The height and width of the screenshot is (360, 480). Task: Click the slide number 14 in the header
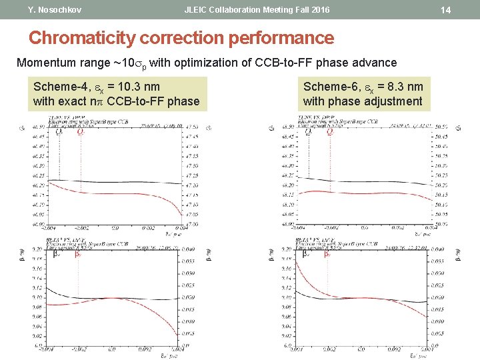point(465,10)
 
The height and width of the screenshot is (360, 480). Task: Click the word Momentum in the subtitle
point(45,63)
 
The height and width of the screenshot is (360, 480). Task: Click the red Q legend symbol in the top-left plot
point(81,132)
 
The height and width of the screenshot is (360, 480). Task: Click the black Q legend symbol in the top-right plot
point(308,132)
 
